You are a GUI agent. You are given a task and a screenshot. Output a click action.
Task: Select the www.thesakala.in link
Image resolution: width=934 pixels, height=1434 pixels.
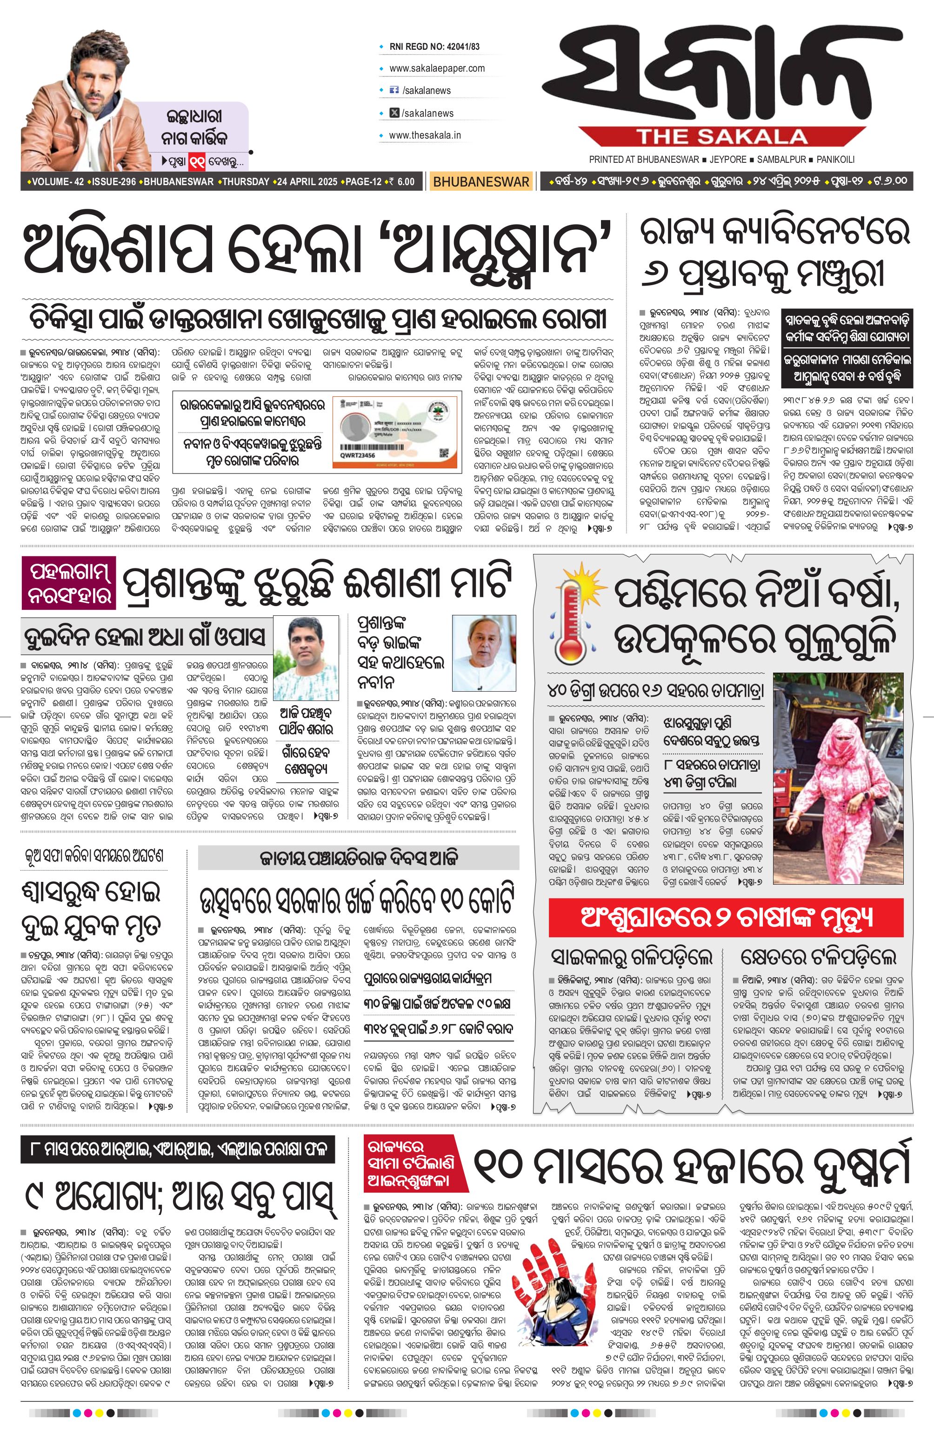point(425,135)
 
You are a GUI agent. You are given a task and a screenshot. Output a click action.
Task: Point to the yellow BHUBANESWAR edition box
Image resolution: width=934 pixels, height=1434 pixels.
point(481,181)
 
